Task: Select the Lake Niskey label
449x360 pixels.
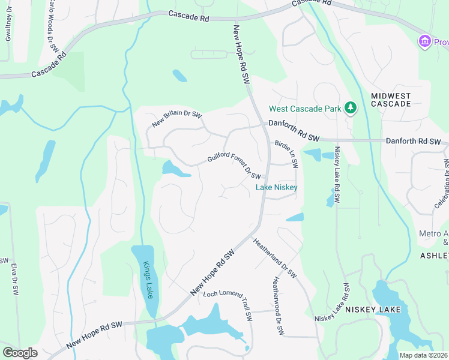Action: tap(277, 187)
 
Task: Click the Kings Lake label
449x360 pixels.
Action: tap(147, 280)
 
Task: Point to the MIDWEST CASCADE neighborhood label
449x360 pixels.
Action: tap(390, 100)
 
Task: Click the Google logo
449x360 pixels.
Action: tap(20, 353)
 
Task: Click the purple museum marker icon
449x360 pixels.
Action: tap(425, 41)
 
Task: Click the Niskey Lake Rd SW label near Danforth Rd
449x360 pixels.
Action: tap(337, 175)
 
